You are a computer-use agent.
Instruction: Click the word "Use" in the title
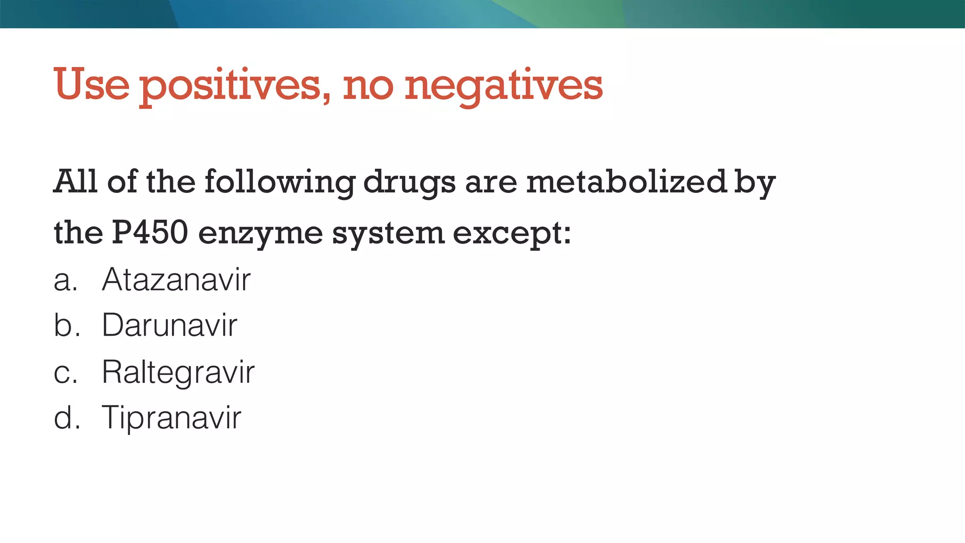[91, 85]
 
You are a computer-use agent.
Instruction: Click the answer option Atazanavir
[176, 280]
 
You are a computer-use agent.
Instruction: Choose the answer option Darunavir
[170, 325]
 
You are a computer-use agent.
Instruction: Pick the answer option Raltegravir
[178, 372]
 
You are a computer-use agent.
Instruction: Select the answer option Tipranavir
[172, 418]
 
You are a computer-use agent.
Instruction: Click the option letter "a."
[65, 280]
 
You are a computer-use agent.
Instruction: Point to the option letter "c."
[65, 372]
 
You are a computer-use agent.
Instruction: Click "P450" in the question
[150, 232]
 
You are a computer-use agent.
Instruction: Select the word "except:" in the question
[512, 233]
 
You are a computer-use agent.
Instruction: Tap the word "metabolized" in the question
[627, 181]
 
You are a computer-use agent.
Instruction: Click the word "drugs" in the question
[409, 182]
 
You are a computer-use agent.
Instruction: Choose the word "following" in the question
[280, 182]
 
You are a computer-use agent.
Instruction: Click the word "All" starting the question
[75, 181]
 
